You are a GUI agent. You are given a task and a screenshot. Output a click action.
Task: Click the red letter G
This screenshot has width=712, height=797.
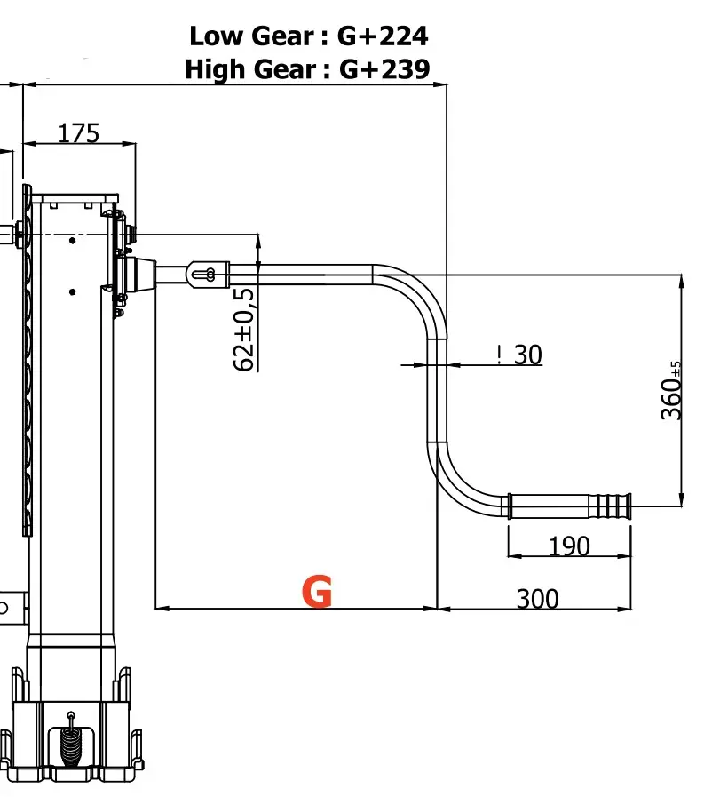coord(317,591)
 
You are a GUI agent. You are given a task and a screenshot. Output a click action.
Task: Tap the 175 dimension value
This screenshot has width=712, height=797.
coord(79,132)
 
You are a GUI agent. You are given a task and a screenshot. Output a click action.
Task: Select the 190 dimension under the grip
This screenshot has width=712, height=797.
coord(569,545)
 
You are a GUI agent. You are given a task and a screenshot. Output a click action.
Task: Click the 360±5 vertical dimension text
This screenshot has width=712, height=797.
coord(673,390)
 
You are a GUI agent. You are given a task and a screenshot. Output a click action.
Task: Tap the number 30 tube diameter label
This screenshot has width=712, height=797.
coord(527,355)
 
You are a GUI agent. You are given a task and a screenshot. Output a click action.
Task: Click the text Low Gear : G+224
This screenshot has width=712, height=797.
coord(308,36)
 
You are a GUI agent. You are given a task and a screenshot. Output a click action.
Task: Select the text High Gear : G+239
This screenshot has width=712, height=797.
coord(307,68)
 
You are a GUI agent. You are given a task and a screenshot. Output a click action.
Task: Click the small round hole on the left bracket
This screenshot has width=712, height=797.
coord(4,608)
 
